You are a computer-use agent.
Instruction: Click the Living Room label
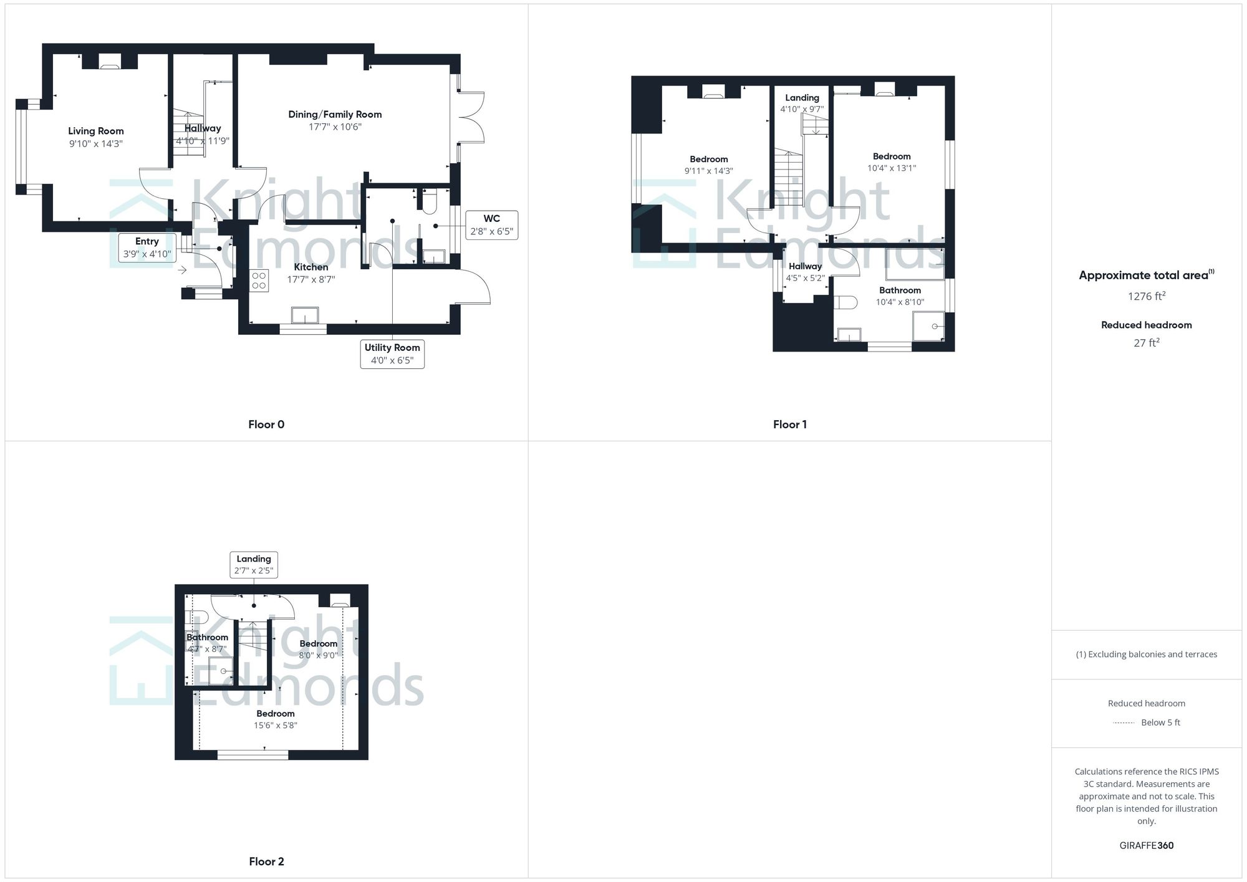click(x=96, y=131)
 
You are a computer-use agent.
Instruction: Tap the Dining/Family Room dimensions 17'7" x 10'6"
click(x=335, y=127)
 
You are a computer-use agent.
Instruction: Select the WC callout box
click(x=491, y=225)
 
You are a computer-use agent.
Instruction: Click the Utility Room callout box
click(x=392, y=354)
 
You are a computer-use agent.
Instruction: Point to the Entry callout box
click(x=147, y=247)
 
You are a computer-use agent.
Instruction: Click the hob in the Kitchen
click(x=259, y=280)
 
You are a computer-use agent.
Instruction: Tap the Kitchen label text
click(x=311, y=267)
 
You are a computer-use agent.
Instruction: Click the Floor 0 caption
click(x=266, y=424)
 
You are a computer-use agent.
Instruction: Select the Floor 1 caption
click(x=789, y=424)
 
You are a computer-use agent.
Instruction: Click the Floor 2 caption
click(x=266, y=861)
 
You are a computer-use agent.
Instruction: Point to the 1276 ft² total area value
click(x=1146, y=296)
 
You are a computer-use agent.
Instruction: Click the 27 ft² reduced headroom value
click(x=1146, y=343)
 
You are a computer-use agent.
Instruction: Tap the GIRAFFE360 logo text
click(x=1146, y=845)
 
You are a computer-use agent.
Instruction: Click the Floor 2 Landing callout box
click(x=254, y=565)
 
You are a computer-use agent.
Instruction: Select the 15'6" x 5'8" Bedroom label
click(x=276, y=719)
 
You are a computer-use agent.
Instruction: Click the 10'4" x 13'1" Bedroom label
click(x=892, y=162)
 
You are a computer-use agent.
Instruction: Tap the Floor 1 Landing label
click(x=802, y=98)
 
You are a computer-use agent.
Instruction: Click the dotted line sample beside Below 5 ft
click(x=1124, y=723)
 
